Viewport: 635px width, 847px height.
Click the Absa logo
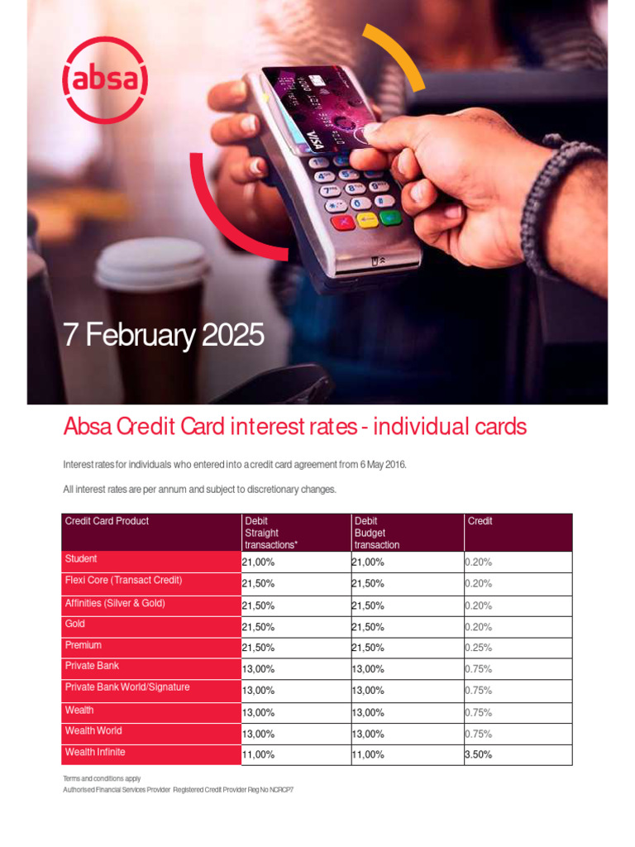[x=105, y=81]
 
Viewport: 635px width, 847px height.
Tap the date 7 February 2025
[x=165, y=336]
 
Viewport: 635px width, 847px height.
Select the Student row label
[x=81, y=559]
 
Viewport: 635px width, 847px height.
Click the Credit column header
[x=480, y=521]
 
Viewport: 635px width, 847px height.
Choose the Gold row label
[x=75, y=624]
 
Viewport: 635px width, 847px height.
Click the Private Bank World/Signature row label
[x=127, y=687]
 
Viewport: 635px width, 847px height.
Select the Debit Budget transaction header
[x=377, y=533]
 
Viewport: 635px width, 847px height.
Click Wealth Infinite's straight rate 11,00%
[x=258, y=754]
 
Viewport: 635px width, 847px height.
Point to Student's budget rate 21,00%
[x=368, y=562]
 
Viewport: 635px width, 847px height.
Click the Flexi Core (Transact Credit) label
[x=123, y=581]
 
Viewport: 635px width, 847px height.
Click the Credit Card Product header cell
[x=107, y=521]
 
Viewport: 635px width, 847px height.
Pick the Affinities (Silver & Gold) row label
[x=115, y=603]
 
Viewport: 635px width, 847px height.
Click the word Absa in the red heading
[x=87, y=427]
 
